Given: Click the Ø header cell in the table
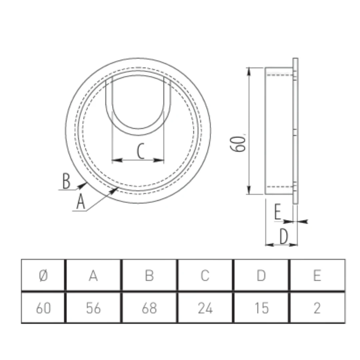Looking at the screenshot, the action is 43,275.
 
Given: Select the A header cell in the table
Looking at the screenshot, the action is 93,275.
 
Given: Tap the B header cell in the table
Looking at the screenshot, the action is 149,275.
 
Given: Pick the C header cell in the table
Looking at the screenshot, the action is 205,275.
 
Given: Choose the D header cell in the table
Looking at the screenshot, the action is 261,275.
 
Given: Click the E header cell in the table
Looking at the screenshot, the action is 317,275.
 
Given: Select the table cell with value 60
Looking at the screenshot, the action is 43,308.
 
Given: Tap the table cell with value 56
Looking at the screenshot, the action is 93,308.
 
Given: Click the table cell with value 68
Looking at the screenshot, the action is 149,308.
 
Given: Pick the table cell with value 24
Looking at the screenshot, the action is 205,308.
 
